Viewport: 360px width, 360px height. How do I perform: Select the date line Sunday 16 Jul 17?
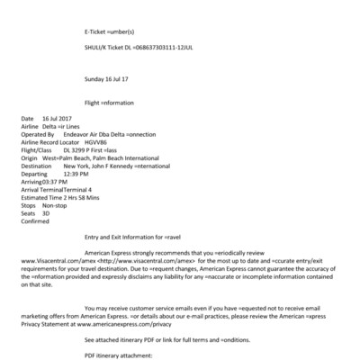pyautogui.click(x=106, y=78)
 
